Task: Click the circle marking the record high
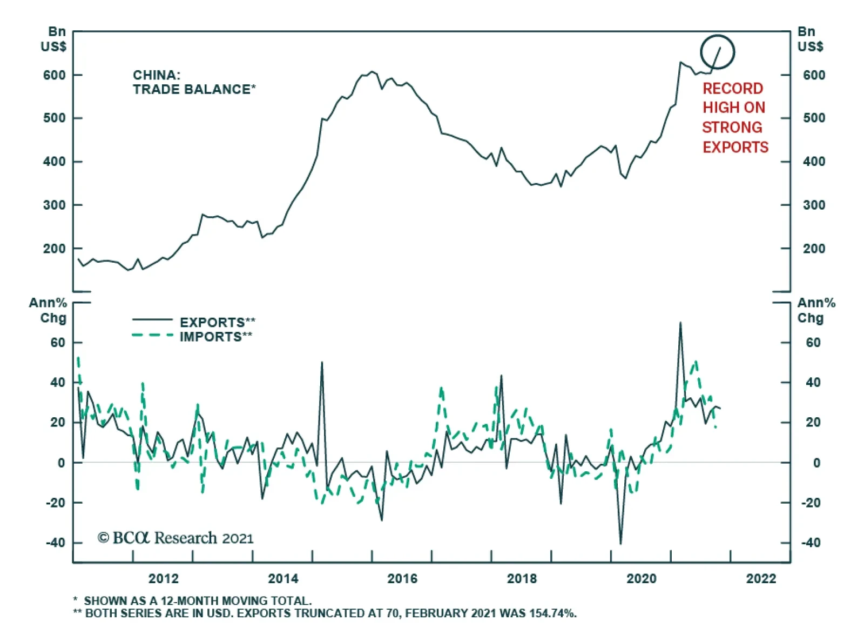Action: click(718, 52)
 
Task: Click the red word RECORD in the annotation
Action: click(733, 89)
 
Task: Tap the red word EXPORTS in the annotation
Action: click(735, 147)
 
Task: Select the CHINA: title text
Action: click(157, 75)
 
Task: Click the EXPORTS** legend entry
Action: click(217, 322)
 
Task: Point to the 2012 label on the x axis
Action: click(163, 579)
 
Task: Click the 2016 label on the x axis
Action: click(402, 579)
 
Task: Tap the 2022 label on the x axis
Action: click(761, 579)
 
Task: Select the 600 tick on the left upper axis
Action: click(55, 75)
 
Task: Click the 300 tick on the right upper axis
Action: click(814, 205)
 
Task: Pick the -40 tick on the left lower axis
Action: click(55, 543)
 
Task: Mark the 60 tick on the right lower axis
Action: click(813, 343)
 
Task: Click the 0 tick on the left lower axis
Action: click(61, 463)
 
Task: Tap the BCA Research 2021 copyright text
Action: click(175, 538)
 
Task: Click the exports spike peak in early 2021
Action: click(680, 323)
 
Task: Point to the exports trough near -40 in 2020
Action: click(620, 543)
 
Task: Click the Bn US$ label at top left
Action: click(54, 39)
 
